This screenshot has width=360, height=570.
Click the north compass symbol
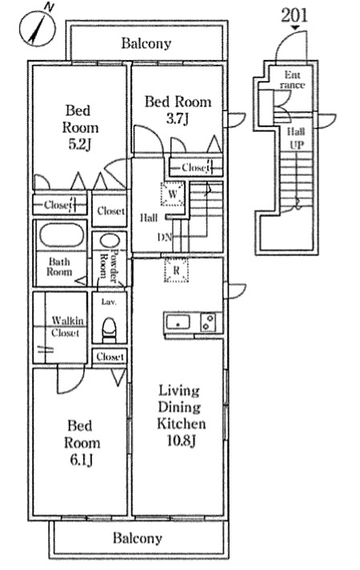click(x=37, y=28)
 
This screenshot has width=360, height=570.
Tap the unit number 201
click(x=294, y=15)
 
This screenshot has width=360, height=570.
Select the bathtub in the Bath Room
click(x=62, y=235)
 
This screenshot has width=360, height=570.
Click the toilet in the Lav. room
click(x=109, y=330)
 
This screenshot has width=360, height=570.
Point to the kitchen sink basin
click(x=178, y=323)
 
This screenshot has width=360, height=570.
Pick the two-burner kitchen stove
click(x=208, y=323)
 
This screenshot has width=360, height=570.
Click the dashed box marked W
click(x=173, y=194)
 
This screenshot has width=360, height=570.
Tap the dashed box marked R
click(x=177, y=270)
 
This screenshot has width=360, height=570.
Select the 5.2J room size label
click(x=80, y=145)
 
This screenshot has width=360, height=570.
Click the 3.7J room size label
click(x=178, y=118)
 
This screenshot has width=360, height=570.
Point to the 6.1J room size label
click(x=82, y=460)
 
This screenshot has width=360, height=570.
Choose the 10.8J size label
click(x=181, y=440)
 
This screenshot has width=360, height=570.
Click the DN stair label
click(x=165, y=238)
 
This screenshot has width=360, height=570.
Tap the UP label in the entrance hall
click(x=297, y=145)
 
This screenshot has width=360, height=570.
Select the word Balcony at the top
click(x=146, y=43)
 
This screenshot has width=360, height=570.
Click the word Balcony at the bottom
click(x=138, y=538)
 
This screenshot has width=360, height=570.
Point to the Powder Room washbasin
click(x=110, y=242)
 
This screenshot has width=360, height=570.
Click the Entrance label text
click(x=293, y=80)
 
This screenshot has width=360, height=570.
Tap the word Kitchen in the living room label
click(x=182, y=423)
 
